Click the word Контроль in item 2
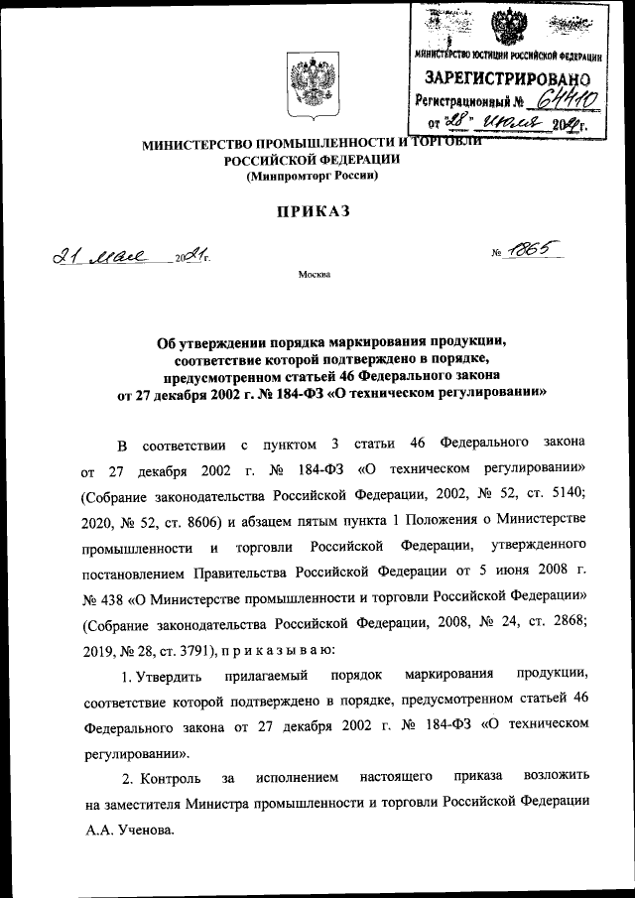[x=171, y=775]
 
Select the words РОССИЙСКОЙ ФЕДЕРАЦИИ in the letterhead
[x=313, y=160]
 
